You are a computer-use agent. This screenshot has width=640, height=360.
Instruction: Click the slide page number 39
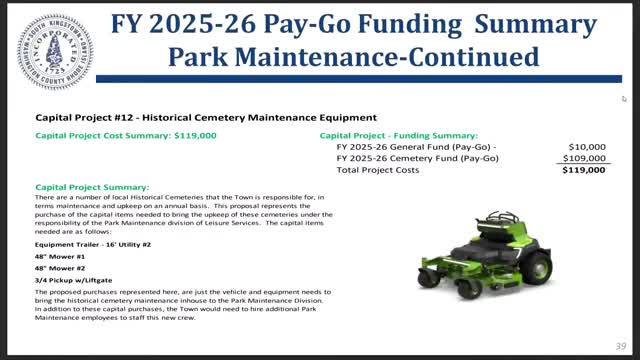coord(619,347)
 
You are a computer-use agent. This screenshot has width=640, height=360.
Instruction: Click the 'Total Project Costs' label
coord(378,170)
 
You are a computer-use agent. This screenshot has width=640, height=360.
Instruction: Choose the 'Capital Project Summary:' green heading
coord(92,187)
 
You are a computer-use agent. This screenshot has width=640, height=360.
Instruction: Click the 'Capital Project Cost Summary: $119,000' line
coord(125,135)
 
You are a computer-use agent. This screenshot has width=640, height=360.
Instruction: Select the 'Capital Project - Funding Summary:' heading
coord(398,135)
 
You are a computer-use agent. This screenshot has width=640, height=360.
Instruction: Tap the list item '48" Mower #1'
coord(62,256)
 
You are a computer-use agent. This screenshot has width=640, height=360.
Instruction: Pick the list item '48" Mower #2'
coord(62,269)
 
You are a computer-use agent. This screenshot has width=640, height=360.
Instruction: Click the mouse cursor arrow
coord(624,98)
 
